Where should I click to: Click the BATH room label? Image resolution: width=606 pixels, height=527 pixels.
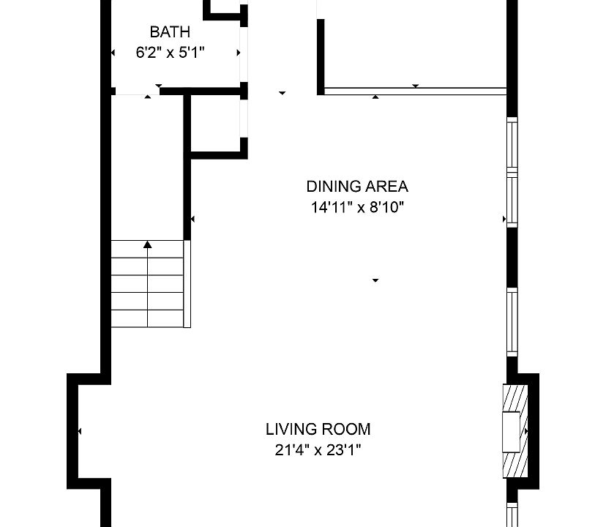click(x=170, y=31)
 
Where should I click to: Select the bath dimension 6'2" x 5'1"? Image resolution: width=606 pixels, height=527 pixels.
click(x=170, y=52)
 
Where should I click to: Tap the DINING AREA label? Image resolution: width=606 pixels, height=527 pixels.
click(x=357, y=187)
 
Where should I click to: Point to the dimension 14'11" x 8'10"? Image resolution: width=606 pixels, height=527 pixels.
click(x=357, y=207)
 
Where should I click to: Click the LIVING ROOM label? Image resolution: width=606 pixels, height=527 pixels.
click(x=318, y=429)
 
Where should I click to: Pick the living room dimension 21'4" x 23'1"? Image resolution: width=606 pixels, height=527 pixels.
click(x=318, y=450)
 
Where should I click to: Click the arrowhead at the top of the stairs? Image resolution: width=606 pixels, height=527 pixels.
click(x=148, y=244)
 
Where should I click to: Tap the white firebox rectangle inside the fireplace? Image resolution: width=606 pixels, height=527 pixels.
click(x=511, y=432)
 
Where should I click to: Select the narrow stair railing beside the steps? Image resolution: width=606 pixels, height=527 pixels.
click(x=187, y=284)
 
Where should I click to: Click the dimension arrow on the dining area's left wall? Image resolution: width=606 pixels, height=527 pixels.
click(x=192, y=220)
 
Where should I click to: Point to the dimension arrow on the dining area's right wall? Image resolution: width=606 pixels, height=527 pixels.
click(x=504, y=220)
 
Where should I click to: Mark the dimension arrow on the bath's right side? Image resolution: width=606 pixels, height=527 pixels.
click(x=239, y=53)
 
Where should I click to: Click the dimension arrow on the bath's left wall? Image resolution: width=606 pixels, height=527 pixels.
click(x=113, y=53)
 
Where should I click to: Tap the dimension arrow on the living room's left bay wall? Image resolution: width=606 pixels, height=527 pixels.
click(x=80, y=431)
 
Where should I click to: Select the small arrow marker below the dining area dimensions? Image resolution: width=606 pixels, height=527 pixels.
click(x=375, y=280)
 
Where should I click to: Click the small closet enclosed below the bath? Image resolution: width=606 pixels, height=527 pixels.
click(x=216, y=124)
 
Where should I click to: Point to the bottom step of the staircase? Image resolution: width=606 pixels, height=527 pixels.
click(x=147, y=318)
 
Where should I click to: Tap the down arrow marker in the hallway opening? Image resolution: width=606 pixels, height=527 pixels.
click(x=282, y=93)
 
